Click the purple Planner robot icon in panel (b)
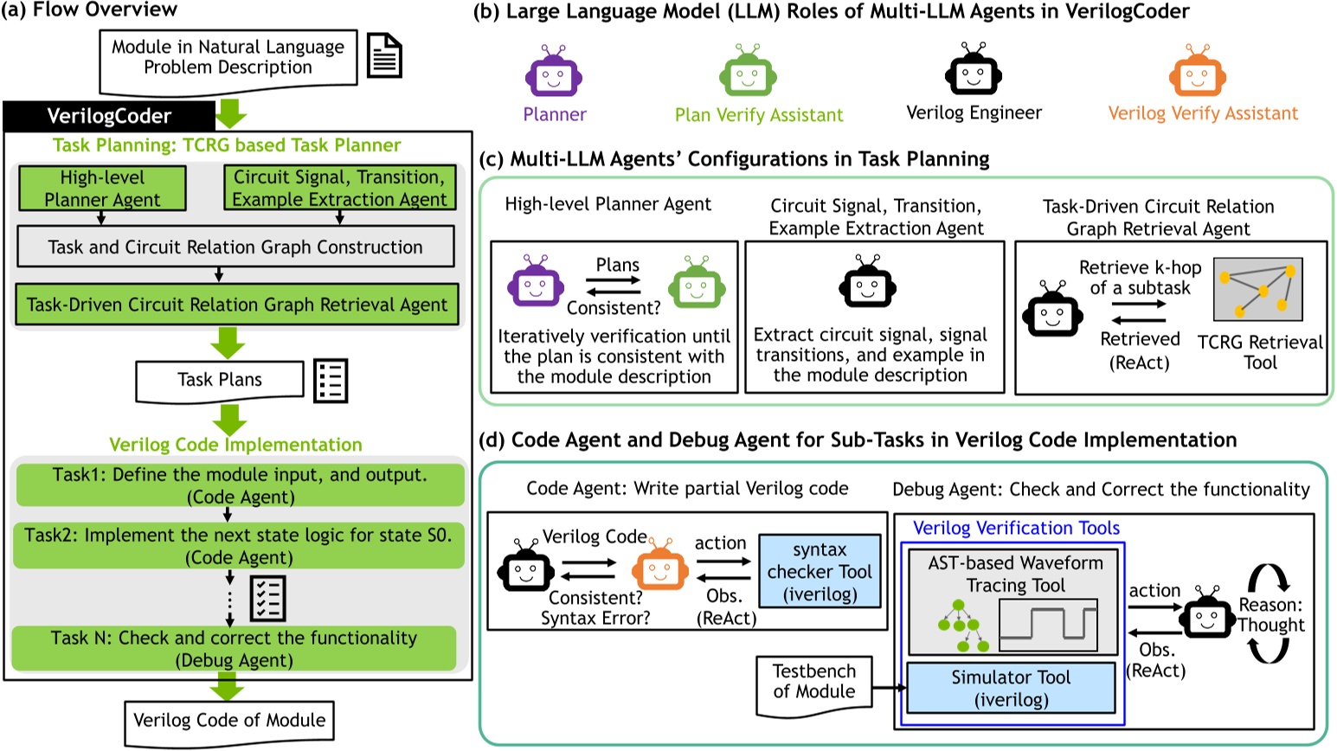click(x=554, y=72)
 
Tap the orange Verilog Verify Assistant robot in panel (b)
click(x=1197, y=72)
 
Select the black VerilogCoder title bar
click(x=109, y=116)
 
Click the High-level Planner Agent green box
click(x=102, y=188)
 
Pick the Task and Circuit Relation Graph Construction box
click(x=235, y=247)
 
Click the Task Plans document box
click(x=220, y=380)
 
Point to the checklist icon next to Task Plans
click(x=331, y=380)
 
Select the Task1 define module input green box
click(x=240, y=485)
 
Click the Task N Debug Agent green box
click(x=234, y=648)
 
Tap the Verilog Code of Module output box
click(x=229, y=721)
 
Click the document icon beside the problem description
click(x=384, y=55)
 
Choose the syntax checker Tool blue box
click(x=820, y=572)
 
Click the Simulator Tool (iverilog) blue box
click(x=1011, y=688)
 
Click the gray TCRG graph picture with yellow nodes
click(x=1257, y=289)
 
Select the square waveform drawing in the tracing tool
click(x=1048, y=624)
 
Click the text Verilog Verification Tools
click(x=1016, y=528)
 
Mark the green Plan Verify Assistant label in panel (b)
click(x=759, y=115)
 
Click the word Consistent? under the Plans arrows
click(x=614, y=308)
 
